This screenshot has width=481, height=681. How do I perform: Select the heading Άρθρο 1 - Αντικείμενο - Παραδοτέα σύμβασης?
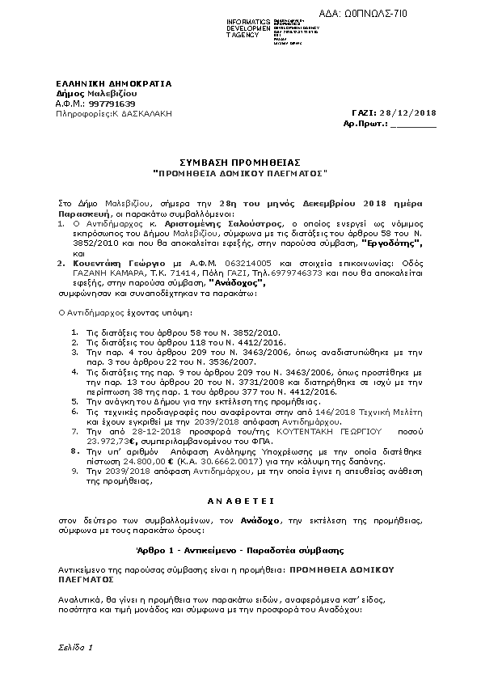[x=240, y=550]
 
